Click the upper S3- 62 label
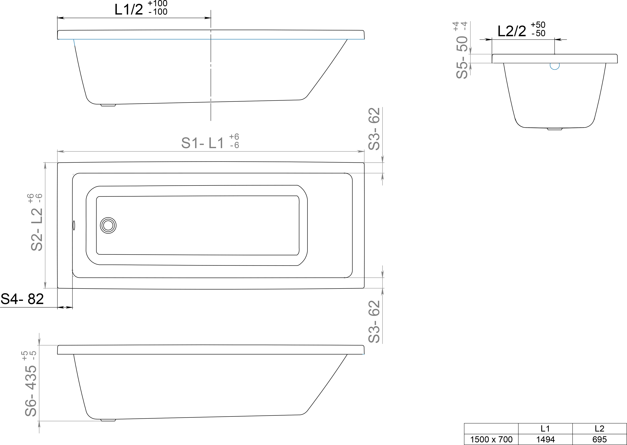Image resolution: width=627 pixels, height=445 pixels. [x=374, y=129]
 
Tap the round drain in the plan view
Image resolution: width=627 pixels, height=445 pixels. [x=108, y=225]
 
